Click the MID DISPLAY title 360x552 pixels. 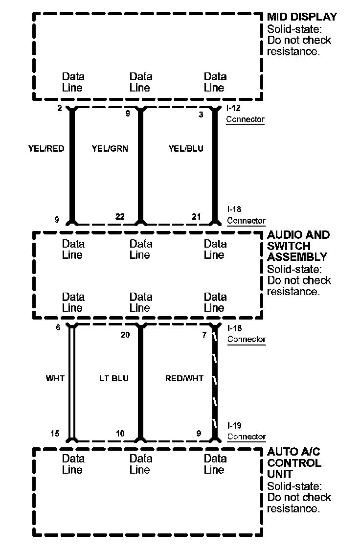[x=302, y=17]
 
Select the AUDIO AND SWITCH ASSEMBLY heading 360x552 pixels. [x=298, y=246]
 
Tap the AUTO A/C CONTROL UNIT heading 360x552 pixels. [x=294, y=462]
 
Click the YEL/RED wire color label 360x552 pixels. [x=46, y=149]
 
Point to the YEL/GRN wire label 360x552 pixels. [x=110, y=149]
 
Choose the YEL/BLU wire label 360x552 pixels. [x=186, y=149]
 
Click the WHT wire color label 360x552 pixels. [x=55, y=378]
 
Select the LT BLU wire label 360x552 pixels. [x=113, y=378]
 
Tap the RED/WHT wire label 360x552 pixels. [x=184, y=378]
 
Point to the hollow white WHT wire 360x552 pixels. [x=72, y=382]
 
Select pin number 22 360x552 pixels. [x=120, y=217]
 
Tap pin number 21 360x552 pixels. [x=196, y=217]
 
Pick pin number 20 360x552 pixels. [x=126, y=335]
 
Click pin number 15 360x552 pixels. [x=55, y=433]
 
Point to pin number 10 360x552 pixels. [x=120, y=433]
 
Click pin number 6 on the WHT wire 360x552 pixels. [x=58, y=327]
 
